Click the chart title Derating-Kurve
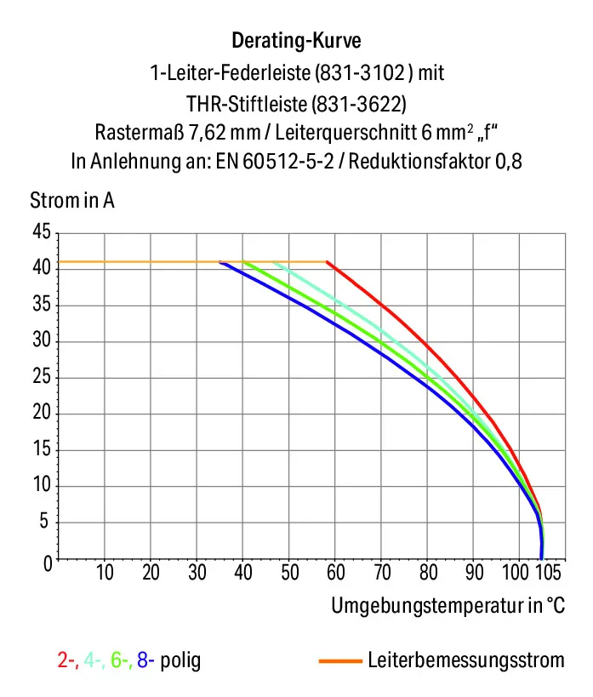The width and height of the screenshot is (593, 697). pyautogui.click(x=296, y=41)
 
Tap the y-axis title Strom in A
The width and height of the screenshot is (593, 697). pyautogui.click(x=72, y=201)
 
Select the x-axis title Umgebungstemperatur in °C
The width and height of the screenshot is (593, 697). pyautogui.click(x=448, y=605)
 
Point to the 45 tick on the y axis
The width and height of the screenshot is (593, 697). pyautogui.click(x=42, y=232)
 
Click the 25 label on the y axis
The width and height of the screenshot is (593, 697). pyautogui.click(x=42, y=377)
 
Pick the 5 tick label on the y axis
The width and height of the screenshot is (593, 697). pyautogui.click(x=43, y=521)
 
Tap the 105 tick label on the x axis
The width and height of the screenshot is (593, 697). pyautogui.click(x=548, y=573)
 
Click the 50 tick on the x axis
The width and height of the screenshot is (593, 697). pyautogui.click(x=290, y=573)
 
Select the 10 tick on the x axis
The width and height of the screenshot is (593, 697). pyautogui.click(x=105, y=573)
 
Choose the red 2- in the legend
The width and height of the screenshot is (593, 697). pyautogui.click(x=68, y=660)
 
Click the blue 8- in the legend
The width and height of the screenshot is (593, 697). pyautogui.click(x=145, y=660)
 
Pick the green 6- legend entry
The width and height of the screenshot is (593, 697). pyautogui.click(x=122, y=660)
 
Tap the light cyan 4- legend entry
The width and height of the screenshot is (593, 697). pyautogui.click(x=94, y=660)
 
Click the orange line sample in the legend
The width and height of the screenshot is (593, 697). pyautogui.click(x=340, y=661)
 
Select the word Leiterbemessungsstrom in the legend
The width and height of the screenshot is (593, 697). pyautogui.click(x=466, y=660)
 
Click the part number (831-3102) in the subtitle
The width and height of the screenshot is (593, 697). pyautogui.click(x=360, y=72)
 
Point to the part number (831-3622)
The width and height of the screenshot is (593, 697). pyautogui.click(x=359, y=104)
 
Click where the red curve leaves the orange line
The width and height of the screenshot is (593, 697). pyautogui.click(x=327, y=261)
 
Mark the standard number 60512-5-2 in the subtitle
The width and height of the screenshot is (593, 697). pyautogui.click(x=288, y=162)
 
